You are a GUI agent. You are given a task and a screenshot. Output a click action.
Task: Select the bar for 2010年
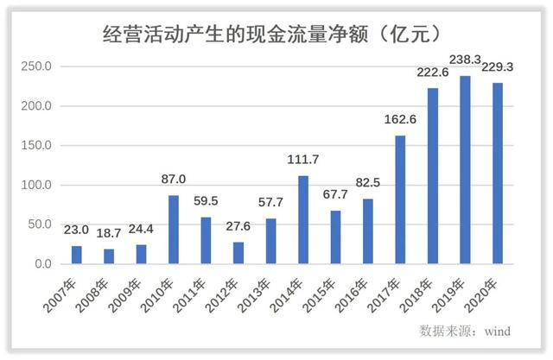pyautogui.click(x=174, y=230)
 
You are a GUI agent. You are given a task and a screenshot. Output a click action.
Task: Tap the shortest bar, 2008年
pyautogui.click(x=109, y=256)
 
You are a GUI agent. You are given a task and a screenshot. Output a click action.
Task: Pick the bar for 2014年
pyautogui.click(x=303, y=220)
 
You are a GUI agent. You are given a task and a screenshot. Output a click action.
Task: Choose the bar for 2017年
pyautogui.click(x=400, y=199)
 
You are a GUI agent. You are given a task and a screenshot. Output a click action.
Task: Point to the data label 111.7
pyautogui.click(x=303, y=160)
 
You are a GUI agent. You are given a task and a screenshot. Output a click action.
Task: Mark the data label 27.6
pyautogui.click(x=238, y=226)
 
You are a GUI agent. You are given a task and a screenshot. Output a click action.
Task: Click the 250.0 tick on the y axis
pyautogui.click(x=37, y=67)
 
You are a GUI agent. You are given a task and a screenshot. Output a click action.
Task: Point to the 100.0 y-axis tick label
pyautogui.click(x=37, y=186)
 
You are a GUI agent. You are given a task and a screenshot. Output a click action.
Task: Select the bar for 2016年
pyautogui.click(x=368, y=231)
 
